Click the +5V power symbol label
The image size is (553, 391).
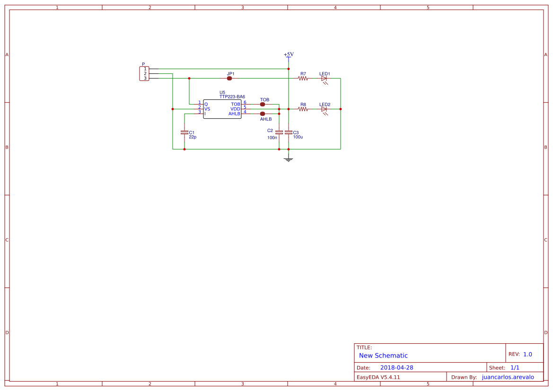point(289,54)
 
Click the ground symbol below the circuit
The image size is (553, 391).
point(289,160)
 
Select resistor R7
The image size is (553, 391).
point(303,78)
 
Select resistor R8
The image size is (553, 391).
point(303,109)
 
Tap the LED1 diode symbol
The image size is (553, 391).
point(324,79)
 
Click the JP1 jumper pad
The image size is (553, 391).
point(229,78)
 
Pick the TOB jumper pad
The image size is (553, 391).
point(263,104)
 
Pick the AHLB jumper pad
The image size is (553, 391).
point(263,114)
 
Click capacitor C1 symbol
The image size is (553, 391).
point(184,132)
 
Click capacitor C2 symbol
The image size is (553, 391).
point(279,132)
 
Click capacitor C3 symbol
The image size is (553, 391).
point(289,132)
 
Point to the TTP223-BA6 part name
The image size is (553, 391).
point(232,96)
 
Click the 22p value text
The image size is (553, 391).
point(193,137)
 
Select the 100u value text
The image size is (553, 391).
point(298,137)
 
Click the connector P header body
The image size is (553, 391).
point(144,74)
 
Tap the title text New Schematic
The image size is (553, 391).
point(383,356)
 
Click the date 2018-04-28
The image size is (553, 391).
point(397,367)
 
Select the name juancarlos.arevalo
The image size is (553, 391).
point(508,377)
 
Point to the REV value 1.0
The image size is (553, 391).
point(527,354)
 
